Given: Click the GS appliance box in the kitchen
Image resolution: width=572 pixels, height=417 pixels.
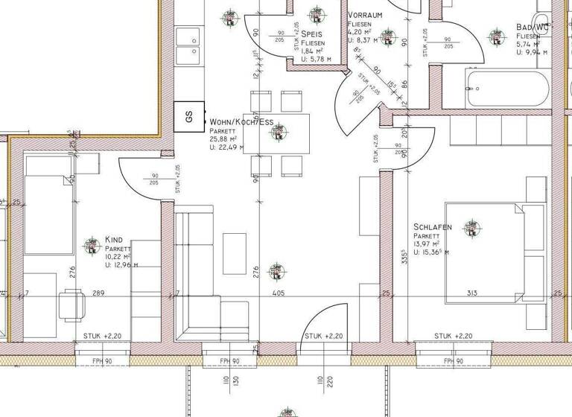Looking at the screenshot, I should [x=189, y=117].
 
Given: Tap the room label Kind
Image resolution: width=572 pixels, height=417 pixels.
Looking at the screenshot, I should [x=114, y=240].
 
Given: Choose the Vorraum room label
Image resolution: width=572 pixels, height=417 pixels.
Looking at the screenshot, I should [x=366, y=15].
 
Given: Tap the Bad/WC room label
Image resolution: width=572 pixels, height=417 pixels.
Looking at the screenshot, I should [x=533, y=28].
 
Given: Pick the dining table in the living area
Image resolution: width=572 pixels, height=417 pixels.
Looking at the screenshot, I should [x=280, y=133].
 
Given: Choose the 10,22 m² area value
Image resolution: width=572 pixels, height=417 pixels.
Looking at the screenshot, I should [x=118, y=257].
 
